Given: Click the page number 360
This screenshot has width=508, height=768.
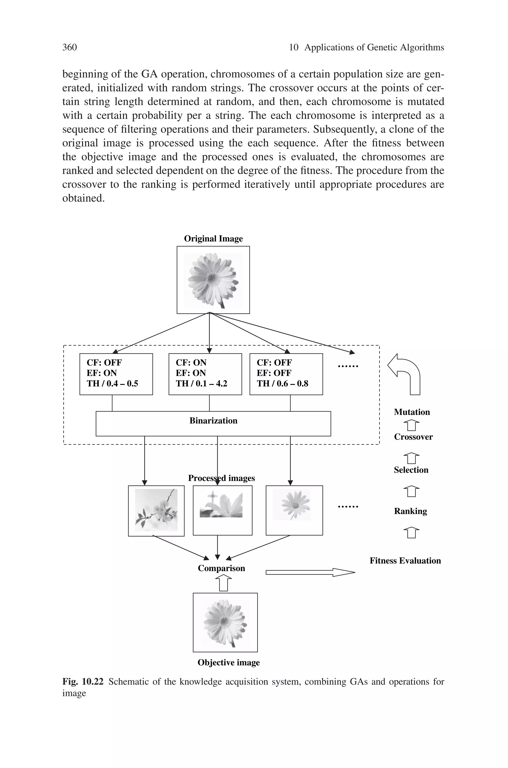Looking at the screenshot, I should [69, 47].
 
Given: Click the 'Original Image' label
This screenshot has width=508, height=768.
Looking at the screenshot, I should [213, 239].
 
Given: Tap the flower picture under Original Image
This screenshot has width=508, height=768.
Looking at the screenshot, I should [213, 280].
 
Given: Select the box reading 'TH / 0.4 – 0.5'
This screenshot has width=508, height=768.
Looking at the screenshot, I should [116, 374].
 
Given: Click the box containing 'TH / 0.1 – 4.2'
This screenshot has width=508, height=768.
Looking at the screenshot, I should [205, 374].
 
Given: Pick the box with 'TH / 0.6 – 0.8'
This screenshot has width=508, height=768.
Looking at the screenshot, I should [286, 374].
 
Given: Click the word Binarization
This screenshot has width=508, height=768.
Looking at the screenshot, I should [213, 421].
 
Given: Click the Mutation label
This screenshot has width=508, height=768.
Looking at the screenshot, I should [412, 412].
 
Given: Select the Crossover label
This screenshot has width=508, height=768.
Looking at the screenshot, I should [413, 437].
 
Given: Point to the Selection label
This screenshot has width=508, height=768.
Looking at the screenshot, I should [411, 470].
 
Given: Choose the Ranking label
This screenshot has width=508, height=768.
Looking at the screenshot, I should [410, 511].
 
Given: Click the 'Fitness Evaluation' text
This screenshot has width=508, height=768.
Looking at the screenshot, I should [405, 561].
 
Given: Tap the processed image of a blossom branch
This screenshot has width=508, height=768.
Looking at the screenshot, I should [156, 510].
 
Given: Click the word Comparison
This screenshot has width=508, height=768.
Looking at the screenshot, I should [221, 568].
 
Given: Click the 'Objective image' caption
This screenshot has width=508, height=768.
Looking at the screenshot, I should [228, 663].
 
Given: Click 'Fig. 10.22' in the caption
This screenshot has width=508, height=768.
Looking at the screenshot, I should [83, 682].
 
